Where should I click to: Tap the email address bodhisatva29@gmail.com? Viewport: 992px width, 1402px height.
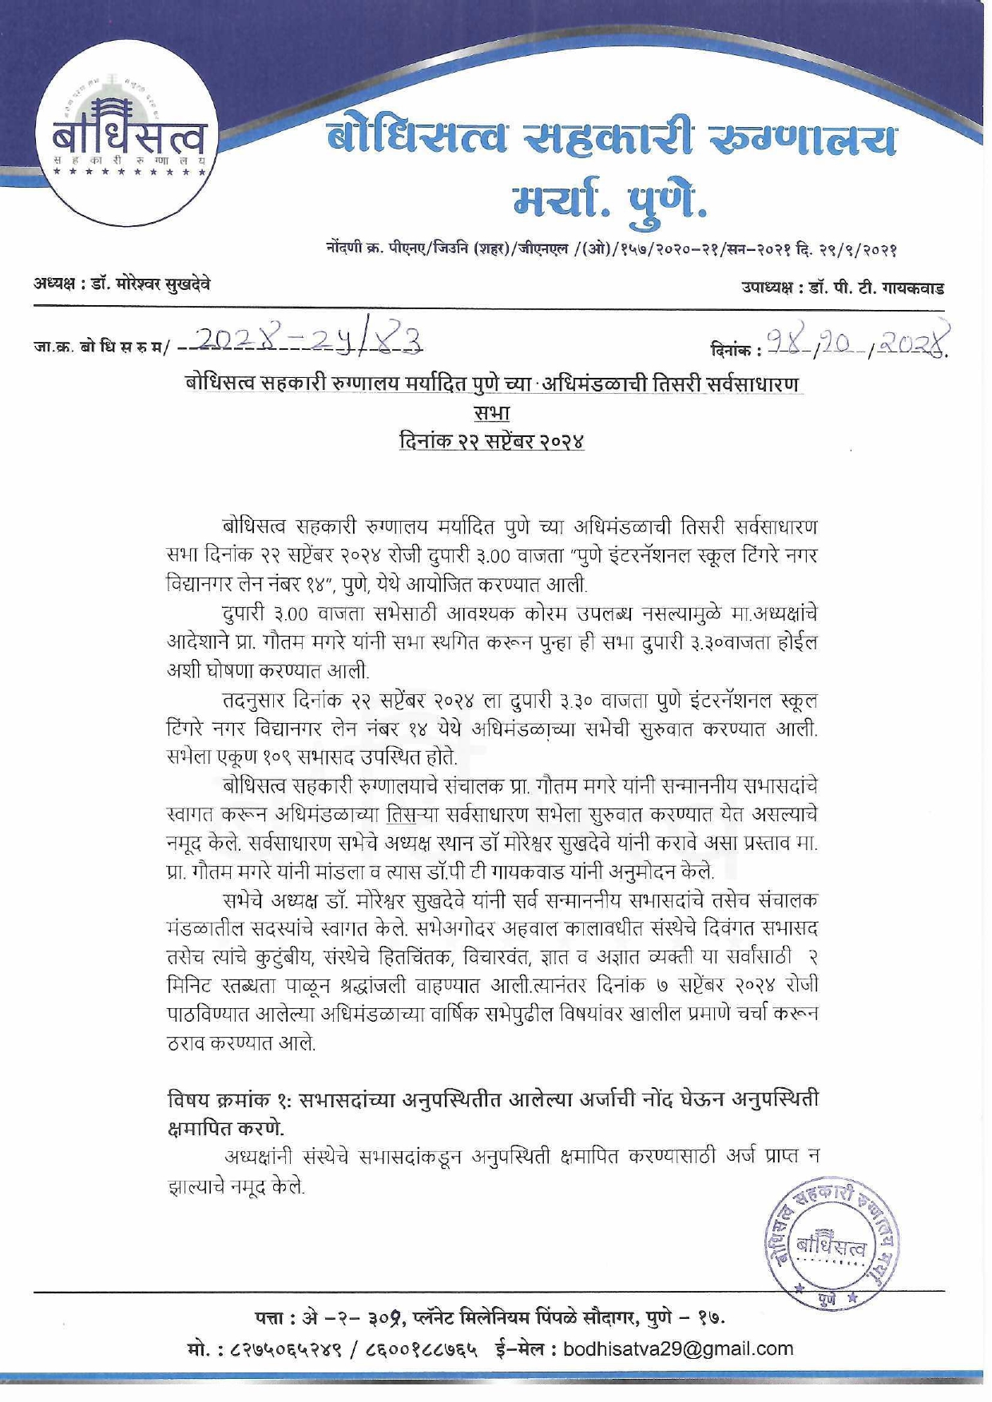pyautogui.click(x=678, y=1349)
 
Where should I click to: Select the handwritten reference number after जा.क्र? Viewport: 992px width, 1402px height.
pyautogui.click(x=307, y=341)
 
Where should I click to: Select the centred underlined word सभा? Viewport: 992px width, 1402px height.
pyautogui.click(x=491, y=413)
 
